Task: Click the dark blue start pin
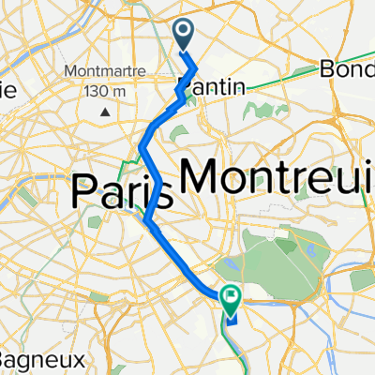(184, 36)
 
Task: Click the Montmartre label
(102, 71)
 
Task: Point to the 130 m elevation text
(105, 90)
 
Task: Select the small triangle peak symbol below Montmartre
(105, 111)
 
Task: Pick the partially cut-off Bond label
(347, 69)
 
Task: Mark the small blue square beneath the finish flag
(231, 316)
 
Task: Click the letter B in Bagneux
(7, 359)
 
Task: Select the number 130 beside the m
(97, 90)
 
